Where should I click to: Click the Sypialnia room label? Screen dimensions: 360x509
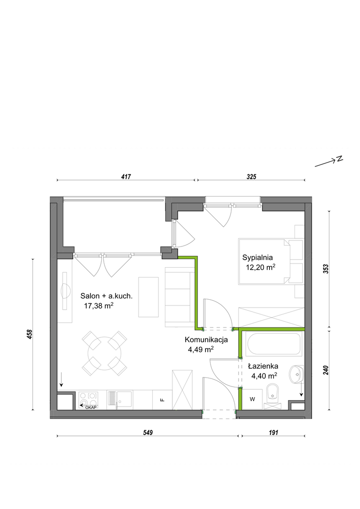point(257,258)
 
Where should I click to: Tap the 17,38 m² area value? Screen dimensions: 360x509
point(98,306)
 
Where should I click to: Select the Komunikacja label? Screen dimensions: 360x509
point(206,340)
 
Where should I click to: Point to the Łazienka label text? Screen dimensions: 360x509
point(263,366)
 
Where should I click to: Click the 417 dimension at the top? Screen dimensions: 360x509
point(126,177)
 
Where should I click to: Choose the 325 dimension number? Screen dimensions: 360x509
point(252,177)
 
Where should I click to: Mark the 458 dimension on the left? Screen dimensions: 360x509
point(30,334)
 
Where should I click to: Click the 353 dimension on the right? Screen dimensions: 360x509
point(326,269)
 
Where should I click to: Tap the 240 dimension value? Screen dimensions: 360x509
point(326,370)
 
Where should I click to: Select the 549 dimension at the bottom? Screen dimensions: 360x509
point(147,432)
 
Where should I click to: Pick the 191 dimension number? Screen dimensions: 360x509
point(273,432)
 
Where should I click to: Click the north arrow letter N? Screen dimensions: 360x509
point(340,159)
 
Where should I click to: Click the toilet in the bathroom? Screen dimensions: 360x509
point(272,396)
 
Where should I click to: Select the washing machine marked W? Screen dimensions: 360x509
point(252,399)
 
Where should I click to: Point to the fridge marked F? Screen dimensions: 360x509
point(162,400)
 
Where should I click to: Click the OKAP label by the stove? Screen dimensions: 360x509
point(91,407)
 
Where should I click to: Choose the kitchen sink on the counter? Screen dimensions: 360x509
point(125,399)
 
